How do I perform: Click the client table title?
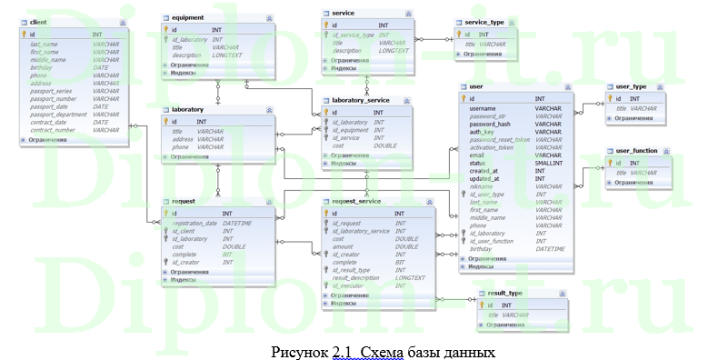[38, 20]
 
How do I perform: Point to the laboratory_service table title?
[361, 99]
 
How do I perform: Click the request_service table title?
[356, 201]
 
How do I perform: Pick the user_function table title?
[636, 150]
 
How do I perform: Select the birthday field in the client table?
[42, 67]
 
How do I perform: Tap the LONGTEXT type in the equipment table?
[227, 55]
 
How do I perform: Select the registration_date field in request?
[194, 223]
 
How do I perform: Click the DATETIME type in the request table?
[237, 223]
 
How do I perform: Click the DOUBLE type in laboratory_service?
[384, 145]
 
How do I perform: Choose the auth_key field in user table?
[482, 132]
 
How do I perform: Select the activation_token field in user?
[492, 146]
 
